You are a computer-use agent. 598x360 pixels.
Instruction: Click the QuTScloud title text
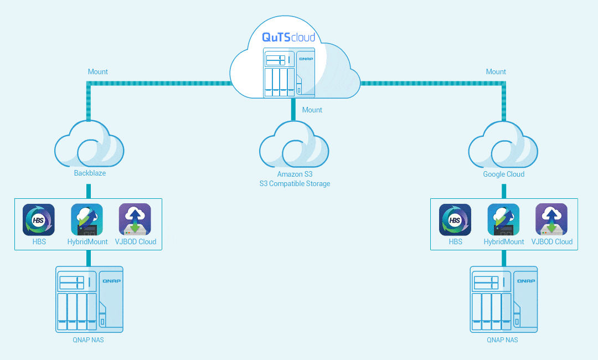[x=288, y=38]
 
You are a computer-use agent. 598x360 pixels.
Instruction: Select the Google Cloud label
[x=503, y=174]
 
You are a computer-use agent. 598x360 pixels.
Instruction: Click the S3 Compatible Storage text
[x=295, y=183]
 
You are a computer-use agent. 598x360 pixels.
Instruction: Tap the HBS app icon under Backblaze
[x=39, y=220]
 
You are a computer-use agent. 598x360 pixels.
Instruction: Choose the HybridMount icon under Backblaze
[x=87, y=220]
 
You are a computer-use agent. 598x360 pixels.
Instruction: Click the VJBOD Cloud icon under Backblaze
[x=135, y=220]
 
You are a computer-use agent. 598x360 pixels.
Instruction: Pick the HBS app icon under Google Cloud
[x=455, y=220]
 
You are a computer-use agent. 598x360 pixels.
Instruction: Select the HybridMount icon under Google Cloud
[x=503, y=220]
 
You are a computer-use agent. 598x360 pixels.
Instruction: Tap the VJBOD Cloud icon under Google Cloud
[x=551, y=220]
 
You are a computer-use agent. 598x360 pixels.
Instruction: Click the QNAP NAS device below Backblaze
[x=89, y=299]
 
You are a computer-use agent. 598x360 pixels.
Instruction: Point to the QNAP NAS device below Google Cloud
[x=503, y=299]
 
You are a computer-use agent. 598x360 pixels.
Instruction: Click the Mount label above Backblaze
[x=98, y=71]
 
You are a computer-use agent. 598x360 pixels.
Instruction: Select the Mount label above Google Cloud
[x=496, y=71]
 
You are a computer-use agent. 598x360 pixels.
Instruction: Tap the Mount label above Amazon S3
[x=312, y=110]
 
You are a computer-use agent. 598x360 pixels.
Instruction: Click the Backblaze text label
[x=90, y=173]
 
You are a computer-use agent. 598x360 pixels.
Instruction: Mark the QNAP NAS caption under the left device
[x=88, y=340]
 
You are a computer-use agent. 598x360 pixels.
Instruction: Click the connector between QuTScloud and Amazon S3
[x=294, y=110]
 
